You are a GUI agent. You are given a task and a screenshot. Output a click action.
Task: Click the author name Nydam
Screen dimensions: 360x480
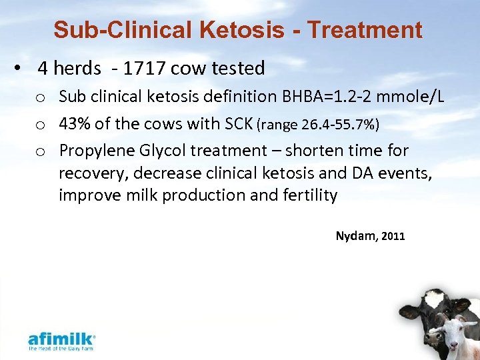tap(356, 236)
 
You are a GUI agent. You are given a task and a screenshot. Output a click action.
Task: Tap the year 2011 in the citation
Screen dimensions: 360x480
tap(393, 236)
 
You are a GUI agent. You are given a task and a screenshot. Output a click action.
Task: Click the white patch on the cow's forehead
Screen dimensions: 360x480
tap(433, 298)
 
